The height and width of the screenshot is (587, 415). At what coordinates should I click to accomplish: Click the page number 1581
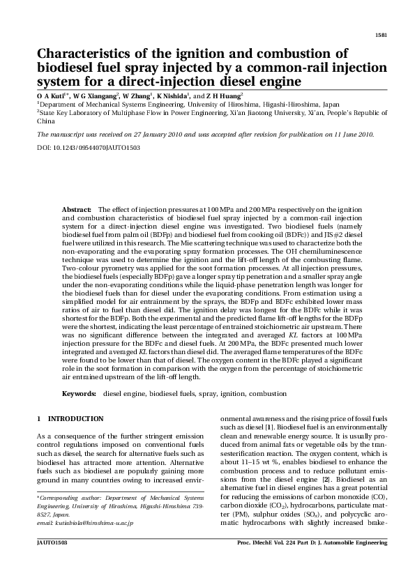pyautogui.click(x=381, y=34)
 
